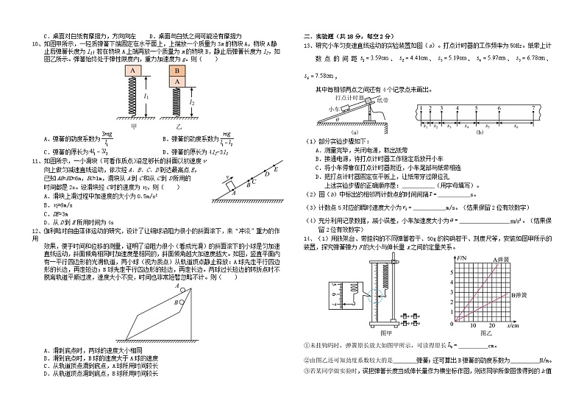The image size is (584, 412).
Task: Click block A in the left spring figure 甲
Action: pos(132,71)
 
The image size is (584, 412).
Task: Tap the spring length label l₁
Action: pos(149,96)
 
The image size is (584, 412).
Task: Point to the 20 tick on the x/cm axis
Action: pos(494,325)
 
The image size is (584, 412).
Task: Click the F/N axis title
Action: pos(463,259)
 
